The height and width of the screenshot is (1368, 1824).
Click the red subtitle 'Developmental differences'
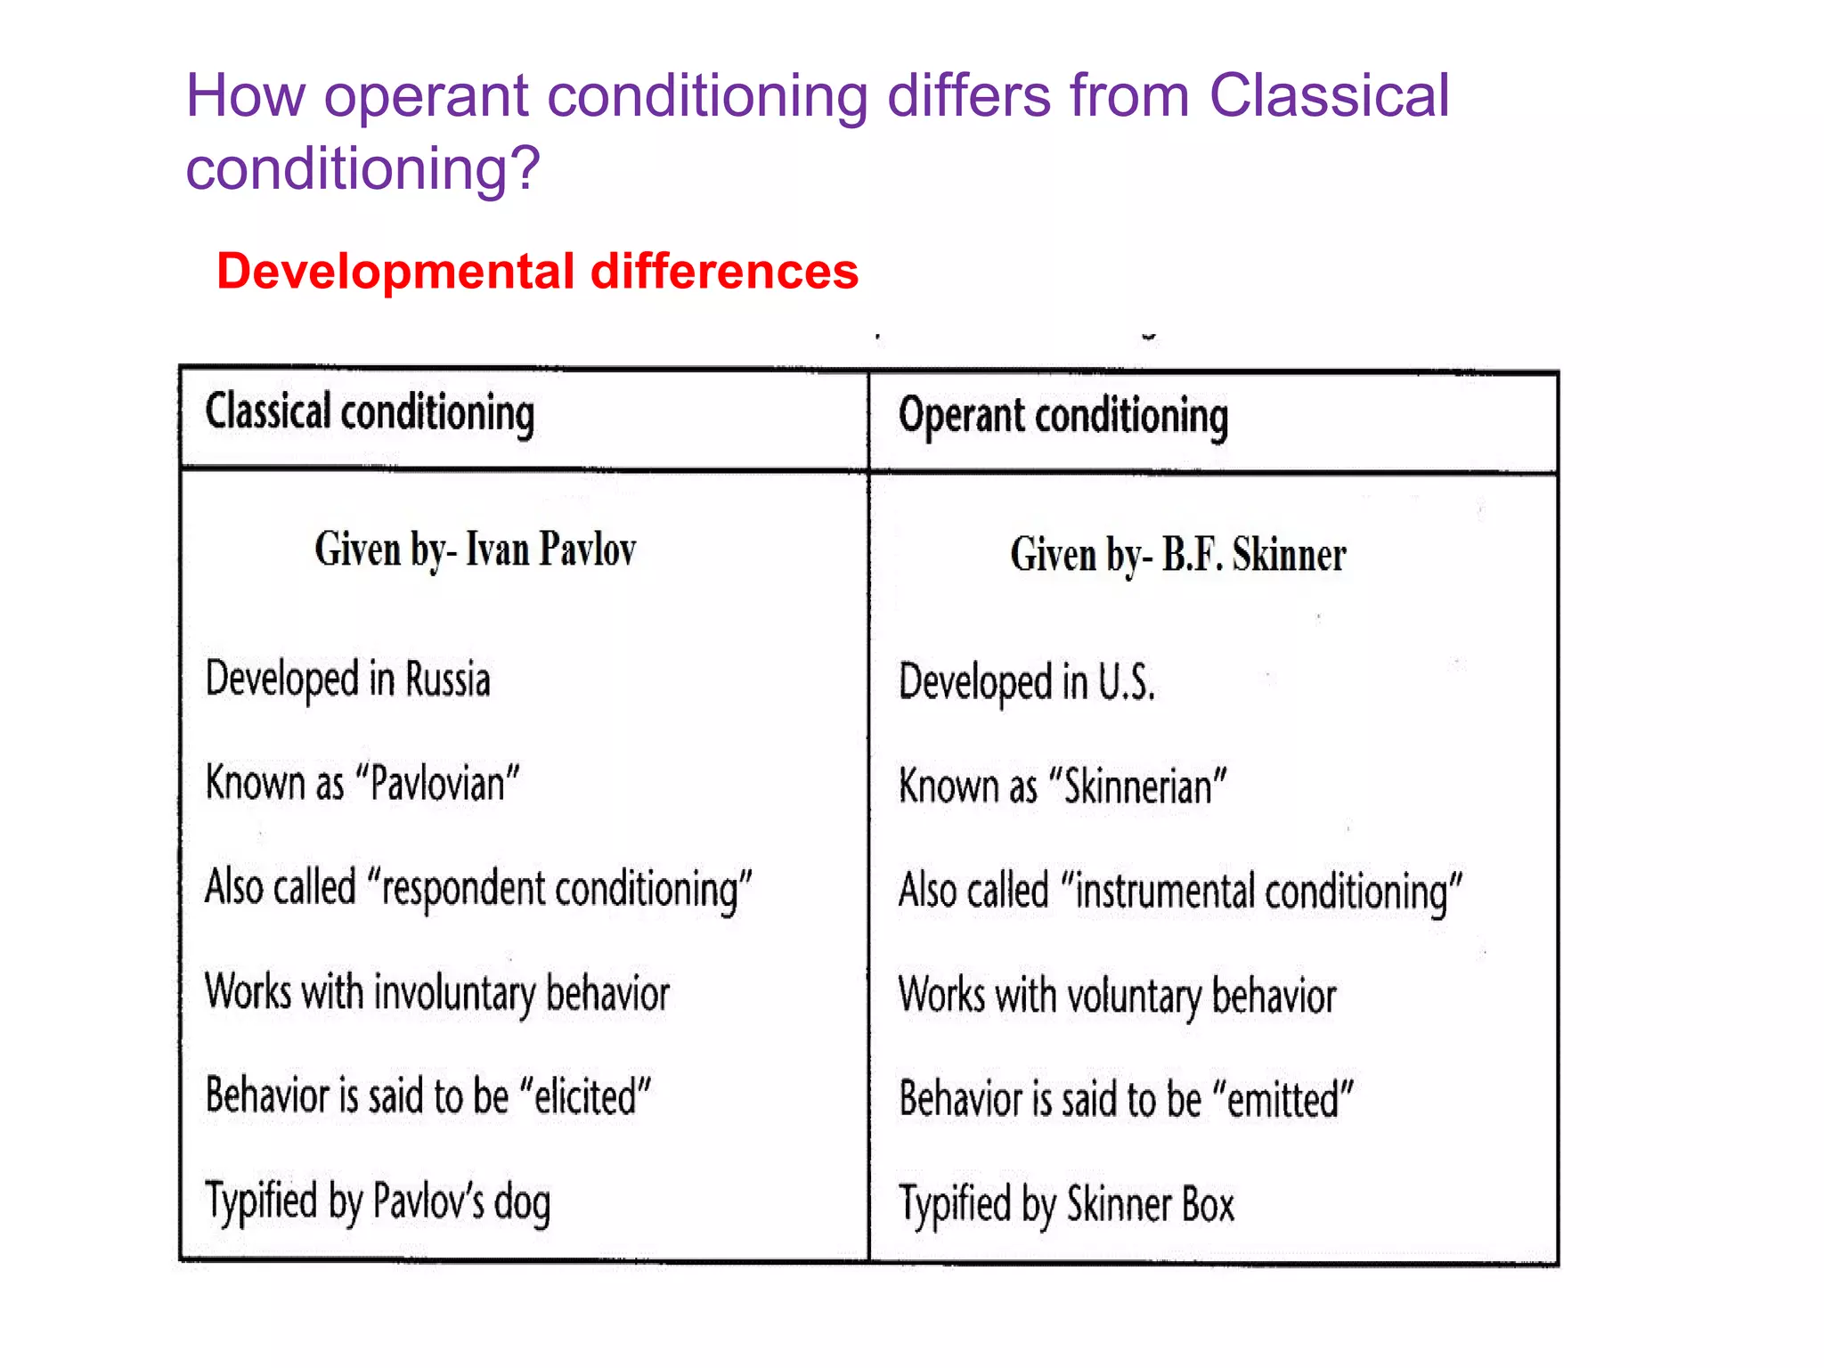(x=537, y=271)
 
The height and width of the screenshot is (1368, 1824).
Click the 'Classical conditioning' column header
(x=370, y=413)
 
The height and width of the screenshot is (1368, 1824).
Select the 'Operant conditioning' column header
(x=1063, y=417)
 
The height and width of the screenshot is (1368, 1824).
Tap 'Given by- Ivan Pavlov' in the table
(x=475, y=550)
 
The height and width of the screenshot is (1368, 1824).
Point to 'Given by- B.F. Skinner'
(x=1177, y=555)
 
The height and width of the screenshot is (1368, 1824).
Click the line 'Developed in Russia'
(x=347, y=680)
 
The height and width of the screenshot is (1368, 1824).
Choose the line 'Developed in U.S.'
(x=1026, y=683)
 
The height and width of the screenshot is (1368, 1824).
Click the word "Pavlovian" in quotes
(x=437, y=785)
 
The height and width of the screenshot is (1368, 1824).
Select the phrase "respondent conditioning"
(x=566, y=890)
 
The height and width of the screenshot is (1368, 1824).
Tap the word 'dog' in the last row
(x=522, y=1203)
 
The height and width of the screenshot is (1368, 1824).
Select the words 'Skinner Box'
(x=1150, y=1205)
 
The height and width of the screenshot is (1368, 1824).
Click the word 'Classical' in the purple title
(x=1329, y=95)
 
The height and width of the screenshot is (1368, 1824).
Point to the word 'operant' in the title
(x=426, y=95)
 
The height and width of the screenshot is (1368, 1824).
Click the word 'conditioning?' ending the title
(x=362, y=168)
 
